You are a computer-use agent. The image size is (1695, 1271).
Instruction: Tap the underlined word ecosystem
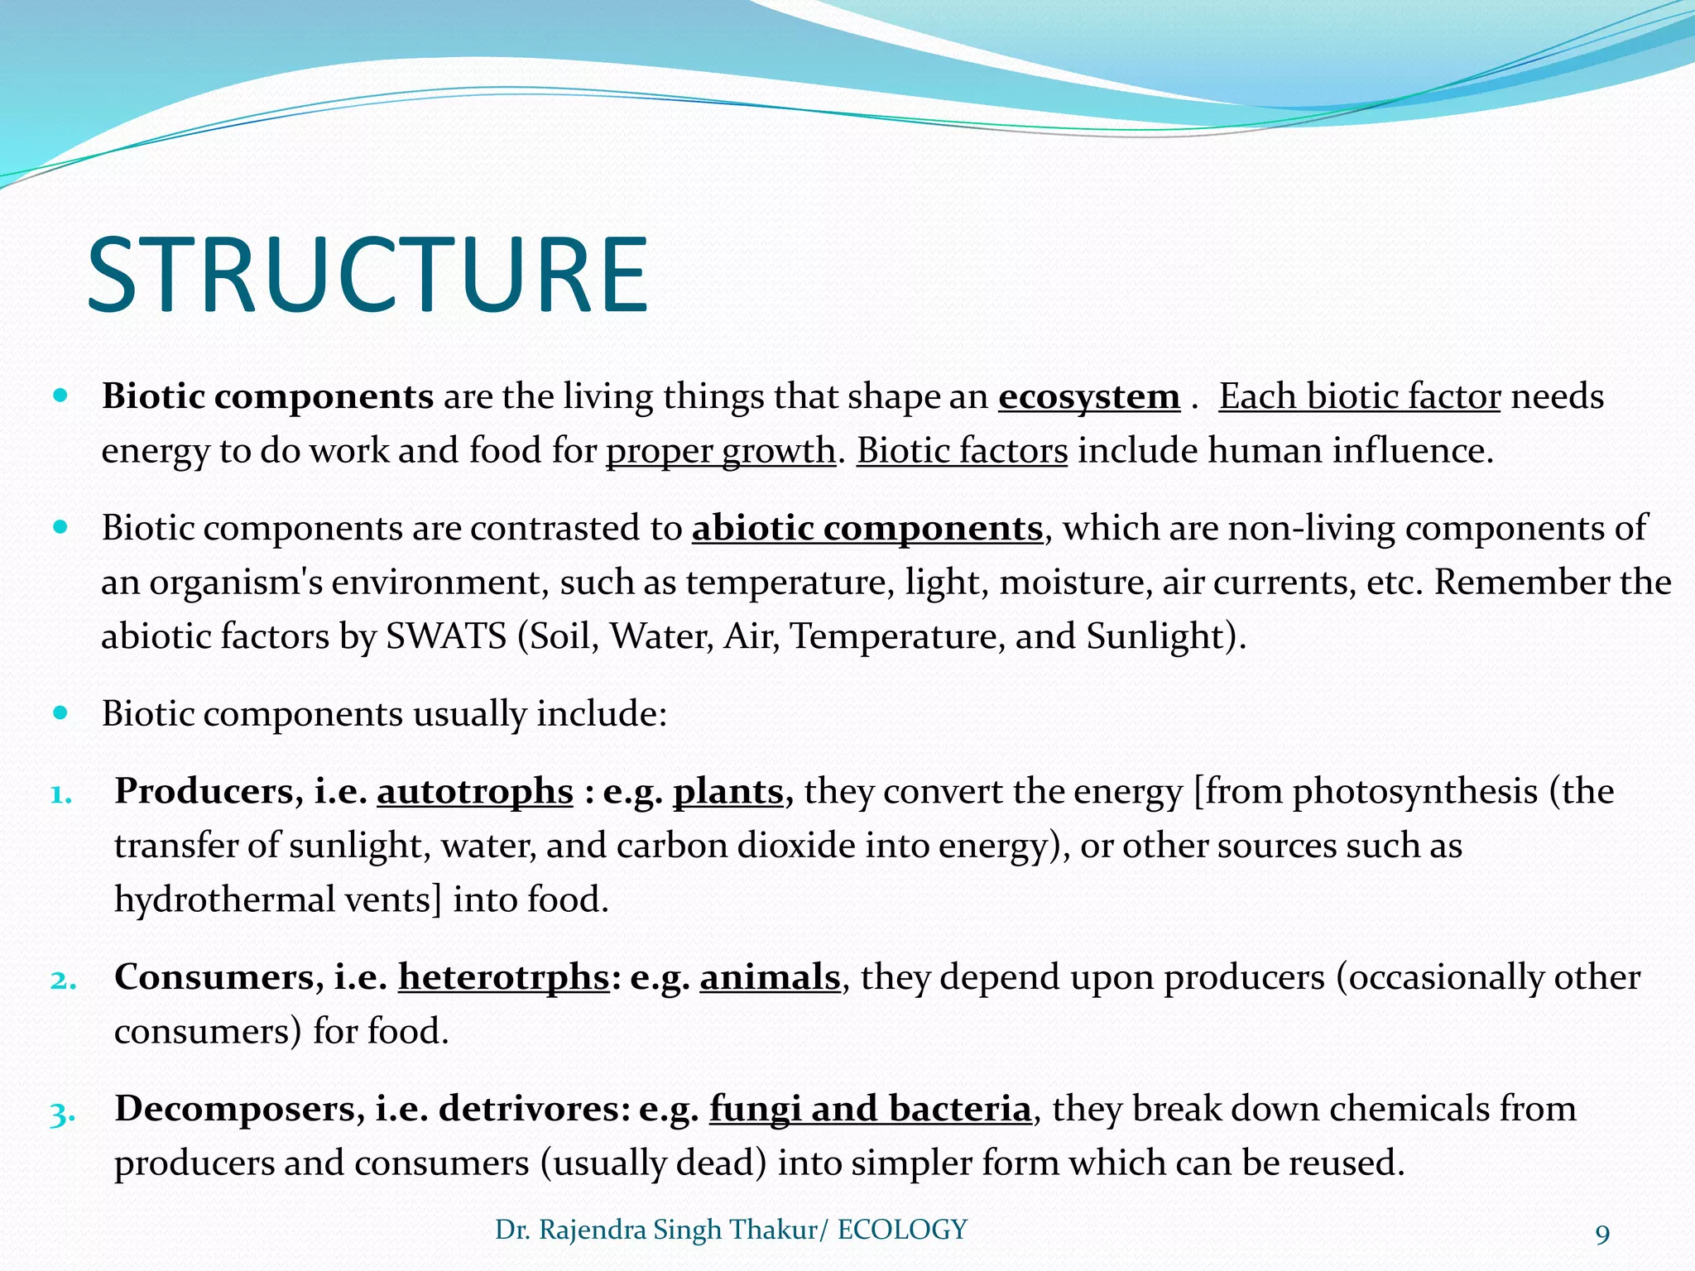[x=1088, y=396]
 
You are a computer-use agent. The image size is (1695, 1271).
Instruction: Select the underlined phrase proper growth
[x=720, y=451]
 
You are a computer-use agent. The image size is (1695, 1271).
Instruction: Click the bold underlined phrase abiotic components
[x=867, y=528]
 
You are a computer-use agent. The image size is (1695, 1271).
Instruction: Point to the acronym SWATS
[x=446, y=636]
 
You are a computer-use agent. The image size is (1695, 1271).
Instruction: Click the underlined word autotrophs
[x=475, y=791]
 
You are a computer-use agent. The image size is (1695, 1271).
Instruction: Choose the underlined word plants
[x=728, y=791]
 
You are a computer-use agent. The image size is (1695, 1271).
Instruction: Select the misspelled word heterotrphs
[x=503, y=977]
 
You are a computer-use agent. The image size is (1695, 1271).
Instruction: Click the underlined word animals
[x=770, y=977]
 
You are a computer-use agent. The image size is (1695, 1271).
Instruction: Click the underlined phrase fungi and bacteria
[x=870, y=1109]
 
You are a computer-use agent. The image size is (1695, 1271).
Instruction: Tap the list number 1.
[x=61, y=794]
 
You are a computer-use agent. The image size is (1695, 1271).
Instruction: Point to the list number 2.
[x=63, y=981]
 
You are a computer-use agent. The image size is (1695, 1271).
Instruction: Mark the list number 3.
[x=63, y=1114]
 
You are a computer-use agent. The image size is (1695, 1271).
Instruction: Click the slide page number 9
[x=1602, y=1235]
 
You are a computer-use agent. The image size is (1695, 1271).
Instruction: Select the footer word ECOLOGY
[x=902, y=1230]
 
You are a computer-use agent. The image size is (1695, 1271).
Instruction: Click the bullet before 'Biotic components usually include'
[x=60, y=712]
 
